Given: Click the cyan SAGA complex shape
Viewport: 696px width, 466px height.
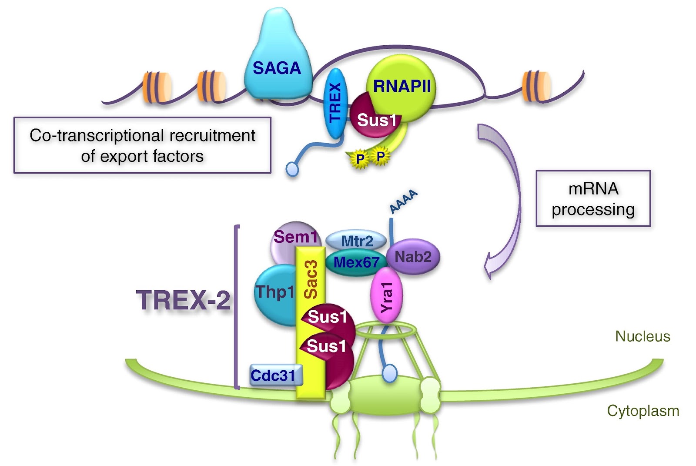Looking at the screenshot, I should tap(278, 61).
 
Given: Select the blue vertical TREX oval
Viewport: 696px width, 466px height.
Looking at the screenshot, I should tap(335, 104).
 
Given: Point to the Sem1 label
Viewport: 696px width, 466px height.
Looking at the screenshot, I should tap(295, 237).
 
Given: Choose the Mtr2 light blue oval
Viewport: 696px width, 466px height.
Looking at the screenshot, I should tap(356, 241).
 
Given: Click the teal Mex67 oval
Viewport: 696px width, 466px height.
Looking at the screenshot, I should tap(355, 262).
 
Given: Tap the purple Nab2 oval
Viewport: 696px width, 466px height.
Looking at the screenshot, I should tap(413, 257).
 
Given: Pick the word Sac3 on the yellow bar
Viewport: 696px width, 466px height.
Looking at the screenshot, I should tap(311, 280).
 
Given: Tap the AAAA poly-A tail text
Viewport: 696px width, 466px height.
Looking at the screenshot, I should tap(403, 201).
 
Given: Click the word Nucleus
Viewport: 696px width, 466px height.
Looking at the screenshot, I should tap(642, 336).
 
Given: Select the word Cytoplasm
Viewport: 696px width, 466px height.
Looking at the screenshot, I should tap(643, 411).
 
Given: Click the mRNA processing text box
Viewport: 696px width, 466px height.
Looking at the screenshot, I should tap(593, 199).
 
